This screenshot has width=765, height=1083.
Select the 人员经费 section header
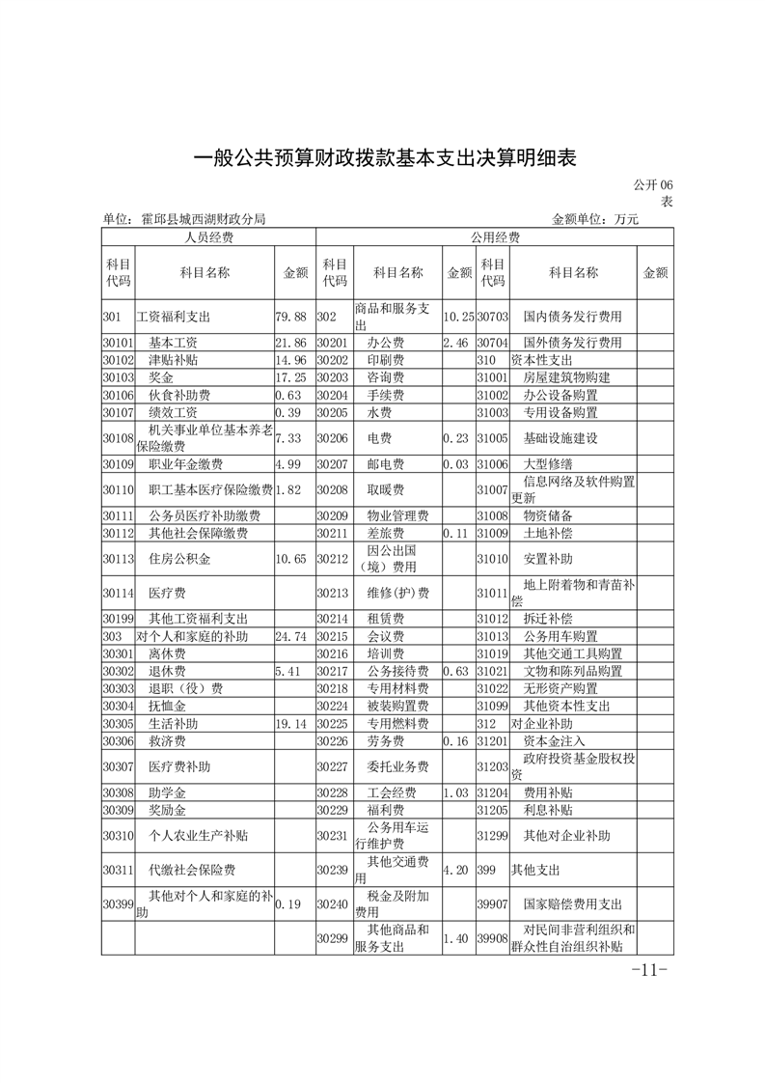(208, 237)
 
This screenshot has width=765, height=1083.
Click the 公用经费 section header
(495, 237)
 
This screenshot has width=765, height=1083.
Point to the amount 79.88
(290, 316)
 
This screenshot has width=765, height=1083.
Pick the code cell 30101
(117, 343)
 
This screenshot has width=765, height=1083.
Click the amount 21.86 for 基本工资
(290, 343)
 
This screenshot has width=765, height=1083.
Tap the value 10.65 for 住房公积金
(290, 558)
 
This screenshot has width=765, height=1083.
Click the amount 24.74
(290, 637)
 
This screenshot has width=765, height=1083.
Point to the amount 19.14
(290, 723)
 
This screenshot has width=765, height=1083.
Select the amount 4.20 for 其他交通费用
(455, 870)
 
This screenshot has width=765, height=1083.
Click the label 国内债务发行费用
(572, 316)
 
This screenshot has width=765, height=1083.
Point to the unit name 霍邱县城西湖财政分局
(204, 220)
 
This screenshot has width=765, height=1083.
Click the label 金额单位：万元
(595, 220)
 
